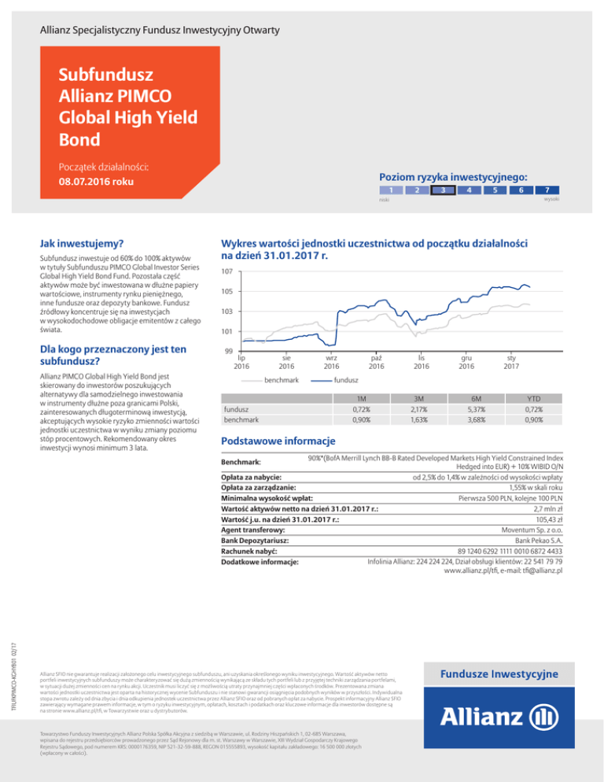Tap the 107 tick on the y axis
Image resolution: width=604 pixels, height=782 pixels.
(x=227, y=272)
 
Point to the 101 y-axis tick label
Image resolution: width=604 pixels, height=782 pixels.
(x=227, y=331)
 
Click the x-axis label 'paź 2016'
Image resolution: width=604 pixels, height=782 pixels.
(x=377, y=361)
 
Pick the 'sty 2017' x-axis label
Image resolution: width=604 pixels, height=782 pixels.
(x=511, y=361)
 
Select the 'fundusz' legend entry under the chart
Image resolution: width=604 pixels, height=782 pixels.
(x=347, y=380)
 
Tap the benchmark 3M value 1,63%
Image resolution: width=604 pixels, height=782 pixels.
(x=422, y=421)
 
